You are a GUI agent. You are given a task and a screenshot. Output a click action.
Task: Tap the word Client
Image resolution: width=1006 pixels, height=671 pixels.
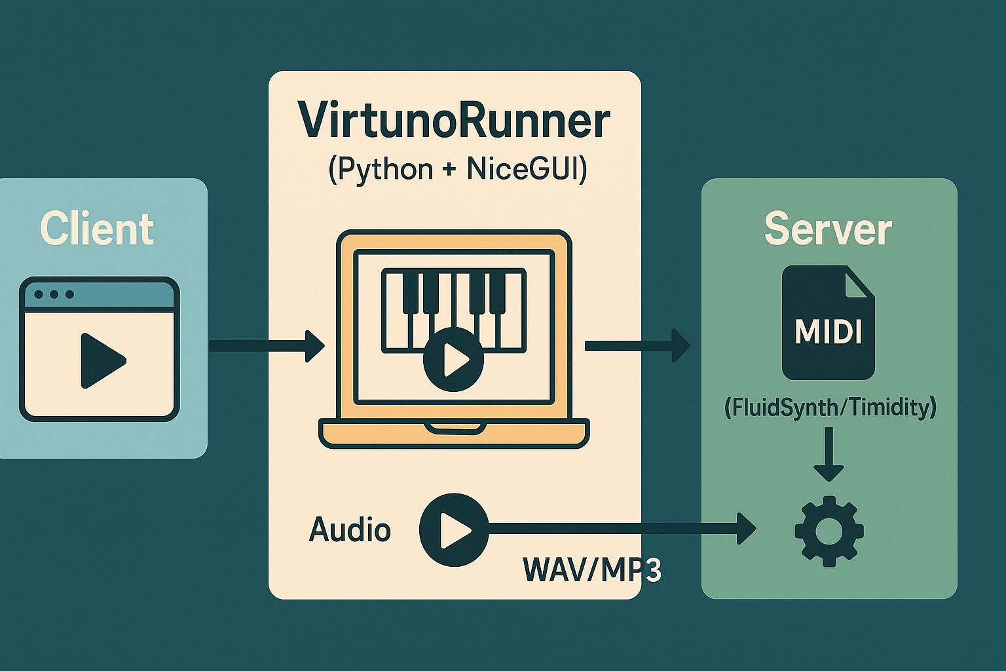pyautogui.click(x=97, y=229)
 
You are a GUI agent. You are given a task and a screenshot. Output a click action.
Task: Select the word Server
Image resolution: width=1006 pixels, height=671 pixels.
pyautogui.click(x=828, y=229)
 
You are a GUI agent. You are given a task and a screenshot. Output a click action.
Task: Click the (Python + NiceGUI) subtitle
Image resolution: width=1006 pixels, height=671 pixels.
pyautogui.click(x=457, y=169)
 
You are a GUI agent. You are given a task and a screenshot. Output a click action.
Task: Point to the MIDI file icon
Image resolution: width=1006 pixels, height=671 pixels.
pyautogui.click(x=828, y=322)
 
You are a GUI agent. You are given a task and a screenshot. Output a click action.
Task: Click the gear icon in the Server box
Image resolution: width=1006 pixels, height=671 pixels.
pyautogui.click(x=829, y=531)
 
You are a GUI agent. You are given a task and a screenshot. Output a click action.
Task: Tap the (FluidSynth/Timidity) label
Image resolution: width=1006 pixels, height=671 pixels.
pyautogui.click(x=830, y=408)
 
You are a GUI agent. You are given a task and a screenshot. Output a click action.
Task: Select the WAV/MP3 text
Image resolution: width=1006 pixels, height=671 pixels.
pyautogui.click(x=591, y=569)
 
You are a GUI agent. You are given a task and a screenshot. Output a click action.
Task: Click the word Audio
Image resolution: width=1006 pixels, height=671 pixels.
pyautogui.click(x=350, y=529)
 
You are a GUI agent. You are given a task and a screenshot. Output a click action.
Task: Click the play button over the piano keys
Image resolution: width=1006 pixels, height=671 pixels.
pyautogui.click(x=453, y=359)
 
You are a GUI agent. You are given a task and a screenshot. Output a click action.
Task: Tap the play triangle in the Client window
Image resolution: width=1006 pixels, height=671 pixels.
pyautogui.click(x=101, y=360)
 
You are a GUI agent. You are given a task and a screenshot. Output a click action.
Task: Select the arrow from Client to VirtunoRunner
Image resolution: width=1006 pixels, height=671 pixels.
pyautogui.click(x=266, y=345)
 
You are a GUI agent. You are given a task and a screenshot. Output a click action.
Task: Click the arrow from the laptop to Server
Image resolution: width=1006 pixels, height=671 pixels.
pyautogui.click(x=637, y=345)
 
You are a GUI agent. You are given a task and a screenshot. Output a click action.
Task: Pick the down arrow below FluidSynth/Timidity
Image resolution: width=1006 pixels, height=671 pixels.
pyautogui.click(x=829, y=455)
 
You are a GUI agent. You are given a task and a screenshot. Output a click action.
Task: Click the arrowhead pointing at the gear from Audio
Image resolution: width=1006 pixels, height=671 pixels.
pyautogui.click(x=745, y=528)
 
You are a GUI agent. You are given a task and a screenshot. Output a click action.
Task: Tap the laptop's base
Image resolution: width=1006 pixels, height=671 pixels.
pyautogui.click(x=454, y=433)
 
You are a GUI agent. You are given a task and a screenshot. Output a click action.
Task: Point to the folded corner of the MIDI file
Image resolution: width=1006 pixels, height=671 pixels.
pyautogui.click(x=859, y=282)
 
